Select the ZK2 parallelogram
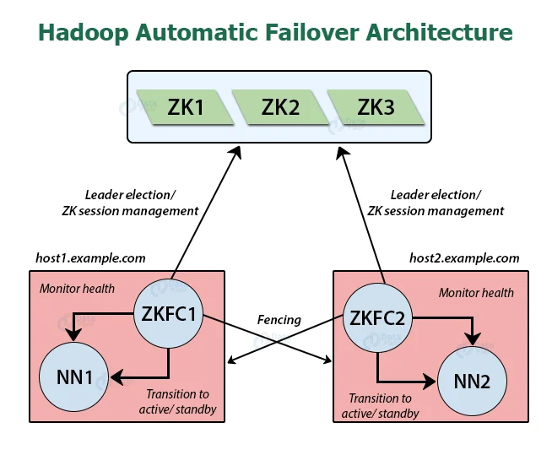pos(279,107)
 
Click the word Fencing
pos(279,320)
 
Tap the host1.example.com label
pos(90,258)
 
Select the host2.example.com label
pos(463,258)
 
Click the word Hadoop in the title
pos(83,33)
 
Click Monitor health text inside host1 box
pos(77,289)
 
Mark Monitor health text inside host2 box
pos(476,293)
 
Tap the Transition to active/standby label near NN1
pos(181,402)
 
